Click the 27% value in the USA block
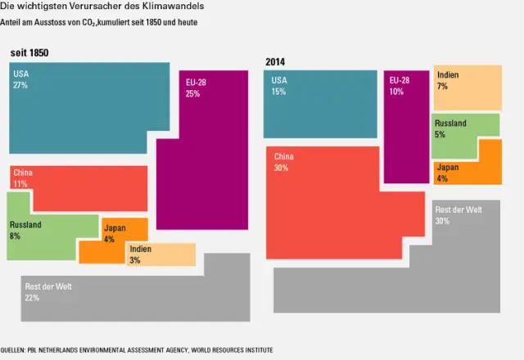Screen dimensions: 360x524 (20, 85)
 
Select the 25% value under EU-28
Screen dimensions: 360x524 (192, 94)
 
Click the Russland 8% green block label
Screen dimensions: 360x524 (25, 230)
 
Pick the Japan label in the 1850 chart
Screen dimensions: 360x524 (115, 228)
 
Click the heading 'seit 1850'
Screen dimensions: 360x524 (29, 53)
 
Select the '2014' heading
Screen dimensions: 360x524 (275, 62)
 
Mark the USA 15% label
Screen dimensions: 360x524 (279, 86)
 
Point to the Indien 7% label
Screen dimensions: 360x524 (447, 80)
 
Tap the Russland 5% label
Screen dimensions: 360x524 (449, 128)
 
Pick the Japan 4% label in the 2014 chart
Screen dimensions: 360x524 (447, 173)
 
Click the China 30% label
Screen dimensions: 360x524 (283, 162)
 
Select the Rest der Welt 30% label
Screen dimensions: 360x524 (458, 214)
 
